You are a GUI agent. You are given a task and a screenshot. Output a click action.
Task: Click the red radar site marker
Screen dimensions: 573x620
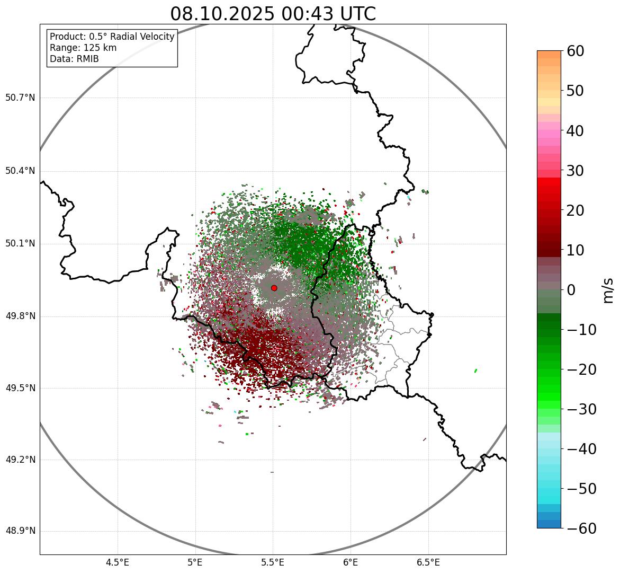coord(274,288)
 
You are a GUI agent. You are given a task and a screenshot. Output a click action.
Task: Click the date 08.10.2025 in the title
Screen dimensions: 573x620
coord(222,14)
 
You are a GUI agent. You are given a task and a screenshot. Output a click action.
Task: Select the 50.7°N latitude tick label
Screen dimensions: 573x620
coord(20,98)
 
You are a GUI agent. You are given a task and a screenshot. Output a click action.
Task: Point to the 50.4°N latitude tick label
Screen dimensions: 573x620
coord(20,171)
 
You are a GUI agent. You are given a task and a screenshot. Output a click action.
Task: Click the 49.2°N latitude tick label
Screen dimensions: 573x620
coord(20,460)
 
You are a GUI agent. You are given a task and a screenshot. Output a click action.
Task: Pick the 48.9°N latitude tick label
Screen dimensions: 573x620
coord(20,531)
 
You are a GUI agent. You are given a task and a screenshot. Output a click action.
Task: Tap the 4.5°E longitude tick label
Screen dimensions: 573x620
coord(118,562)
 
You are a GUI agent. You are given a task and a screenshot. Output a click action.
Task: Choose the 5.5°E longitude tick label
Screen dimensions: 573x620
coord(273,562)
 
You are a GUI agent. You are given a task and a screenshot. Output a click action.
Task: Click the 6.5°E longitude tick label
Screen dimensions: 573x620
coord(428,562)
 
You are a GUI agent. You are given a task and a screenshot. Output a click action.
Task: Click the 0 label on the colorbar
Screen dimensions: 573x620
coord(571,290)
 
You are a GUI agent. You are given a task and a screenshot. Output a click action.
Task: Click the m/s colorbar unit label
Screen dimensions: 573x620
coord(609,290)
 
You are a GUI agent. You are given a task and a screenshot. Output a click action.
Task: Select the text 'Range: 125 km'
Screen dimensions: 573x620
coord(83,48)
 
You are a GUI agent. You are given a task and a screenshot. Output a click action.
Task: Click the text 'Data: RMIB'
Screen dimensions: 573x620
coord(74,59)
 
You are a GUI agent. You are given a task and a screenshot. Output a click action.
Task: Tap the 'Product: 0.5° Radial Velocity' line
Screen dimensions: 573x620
coord(112,37)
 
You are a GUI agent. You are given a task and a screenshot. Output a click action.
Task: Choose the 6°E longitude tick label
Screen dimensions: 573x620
coord(351,562)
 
